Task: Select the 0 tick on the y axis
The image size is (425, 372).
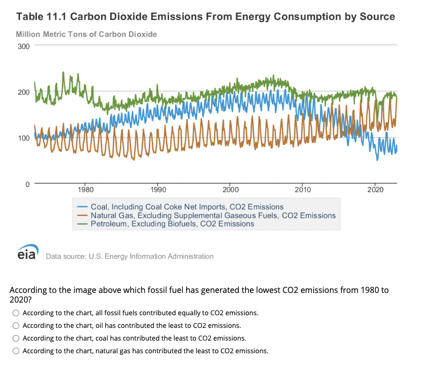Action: point(28,183)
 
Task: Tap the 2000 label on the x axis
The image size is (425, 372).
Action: point(230,190)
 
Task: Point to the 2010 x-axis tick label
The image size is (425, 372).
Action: point(303,190)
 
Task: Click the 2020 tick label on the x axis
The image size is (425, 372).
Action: point(375,190)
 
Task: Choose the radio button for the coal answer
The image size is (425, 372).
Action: point(16,338)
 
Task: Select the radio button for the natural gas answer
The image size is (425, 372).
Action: point(16,351)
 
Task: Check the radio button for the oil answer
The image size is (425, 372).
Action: point(16,325)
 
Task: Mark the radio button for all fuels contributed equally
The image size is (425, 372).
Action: point(16,313)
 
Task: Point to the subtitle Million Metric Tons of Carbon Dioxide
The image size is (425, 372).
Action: point(86,34)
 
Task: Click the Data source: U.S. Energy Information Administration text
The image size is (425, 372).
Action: point(130,256)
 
